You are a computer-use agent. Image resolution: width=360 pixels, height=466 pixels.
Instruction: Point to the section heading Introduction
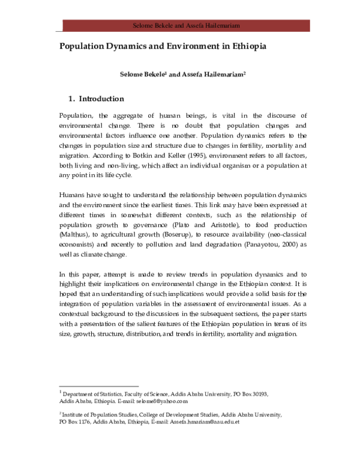coord(101,99)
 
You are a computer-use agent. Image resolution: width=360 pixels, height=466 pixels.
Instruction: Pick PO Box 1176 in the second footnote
coord(77,422)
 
